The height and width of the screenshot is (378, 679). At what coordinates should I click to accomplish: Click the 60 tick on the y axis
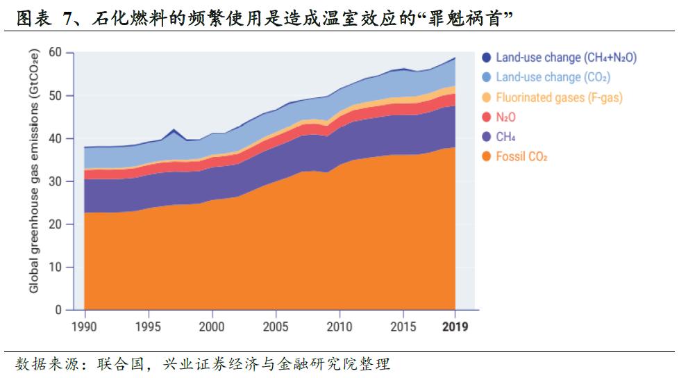[x=56, y=53]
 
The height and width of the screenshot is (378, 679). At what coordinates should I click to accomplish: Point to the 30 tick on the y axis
[x=56, y=181]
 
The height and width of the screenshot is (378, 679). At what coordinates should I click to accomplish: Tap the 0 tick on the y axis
[x=58, y=310]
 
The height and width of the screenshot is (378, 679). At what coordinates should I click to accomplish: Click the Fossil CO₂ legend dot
[x=486, y=157]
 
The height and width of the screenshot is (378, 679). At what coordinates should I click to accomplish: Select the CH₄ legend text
[x=505, y=137]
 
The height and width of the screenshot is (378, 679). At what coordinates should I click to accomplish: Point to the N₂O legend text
[x=505, y=117]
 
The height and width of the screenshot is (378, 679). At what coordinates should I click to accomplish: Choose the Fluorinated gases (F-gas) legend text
[x=559, y=97]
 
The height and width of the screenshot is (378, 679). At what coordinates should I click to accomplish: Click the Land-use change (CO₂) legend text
[x=553, y=77]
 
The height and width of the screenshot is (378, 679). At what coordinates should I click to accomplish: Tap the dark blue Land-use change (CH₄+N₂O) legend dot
[x=486, y=58]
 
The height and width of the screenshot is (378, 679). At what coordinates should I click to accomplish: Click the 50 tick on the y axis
[x=56, y=96]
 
